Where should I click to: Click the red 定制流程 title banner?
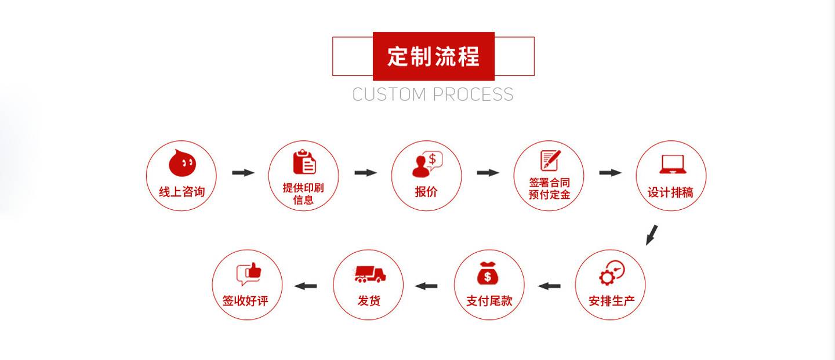[434, 56]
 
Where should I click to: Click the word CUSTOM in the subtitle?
[389, 94]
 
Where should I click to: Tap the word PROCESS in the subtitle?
[473, 94]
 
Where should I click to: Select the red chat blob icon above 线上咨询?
[182, 163]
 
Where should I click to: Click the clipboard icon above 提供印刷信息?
[304, 162]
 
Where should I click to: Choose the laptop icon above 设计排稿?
[673, 165]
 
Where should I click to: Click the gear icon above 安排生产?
[612, 273]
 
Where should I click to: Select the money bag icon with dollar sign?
[488, 273]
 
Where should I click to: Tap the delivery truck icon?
[370, 274]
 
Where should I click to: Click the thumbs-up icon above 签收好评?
[249, 274]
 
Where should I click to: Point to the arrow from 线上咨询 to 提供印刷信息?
[244, 173]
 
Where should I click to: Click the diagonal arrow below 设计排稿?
[652, 235]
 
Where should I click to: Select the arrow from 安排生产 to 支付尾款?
[549, 286]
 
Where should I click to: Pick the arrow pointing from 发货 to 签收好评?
[305, 286]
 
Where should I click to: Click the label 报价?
[426, 192]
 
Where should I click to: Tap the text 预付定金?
[550, 195]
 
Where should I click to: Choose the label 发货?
[369, 301]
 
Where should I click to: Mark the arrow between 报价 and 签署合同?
[488, 173]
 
